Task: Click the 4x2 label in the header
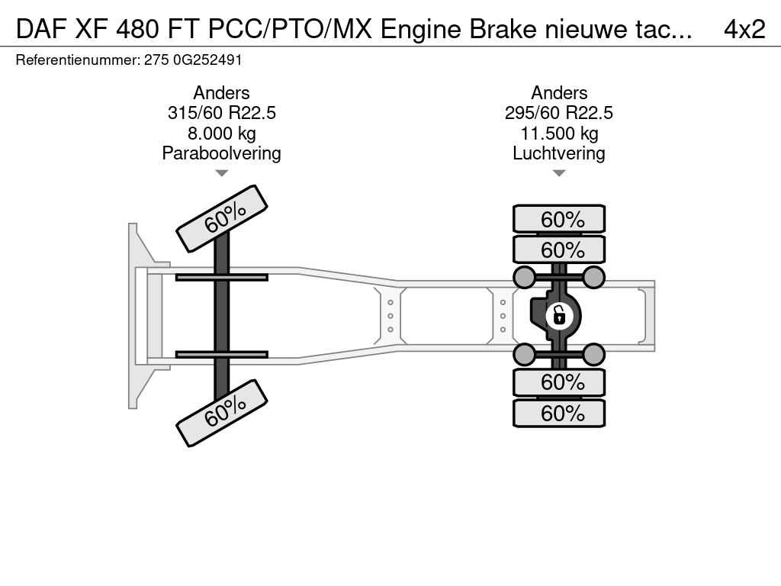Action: point(744,29)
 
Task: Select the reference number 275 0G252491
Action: point(193,60)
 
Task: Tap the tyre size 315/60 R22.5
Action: point(222,113)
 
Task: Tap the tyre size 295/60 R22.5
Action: point(559,113)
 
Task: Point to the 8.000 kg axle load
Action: point(222,134)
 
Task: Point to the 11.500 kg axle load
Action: point(559,134)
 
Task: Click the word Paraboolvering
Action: point(222,153)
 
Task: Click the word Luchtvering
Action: point(559,153)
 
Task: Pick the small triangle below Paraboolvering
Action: point(222,173)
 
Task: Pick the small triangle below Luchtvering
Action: point(559,173)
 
